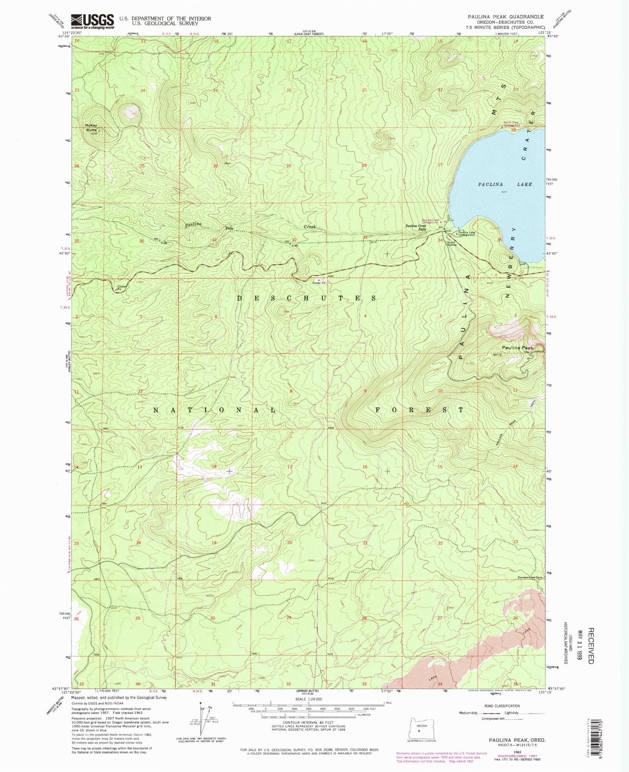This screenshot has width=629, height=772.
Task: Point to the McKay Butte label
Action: pos(91,127)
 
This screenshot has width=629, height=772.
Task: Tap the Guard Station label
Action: pos(451,243)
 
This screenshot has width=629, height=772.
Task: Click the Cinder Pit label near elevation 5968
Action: pos(319,283)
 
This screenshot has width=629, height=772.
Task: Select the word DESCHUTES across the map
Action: pos(307,298)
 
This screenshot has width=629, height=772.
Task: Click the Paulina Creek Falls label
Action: pos(416,227)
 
